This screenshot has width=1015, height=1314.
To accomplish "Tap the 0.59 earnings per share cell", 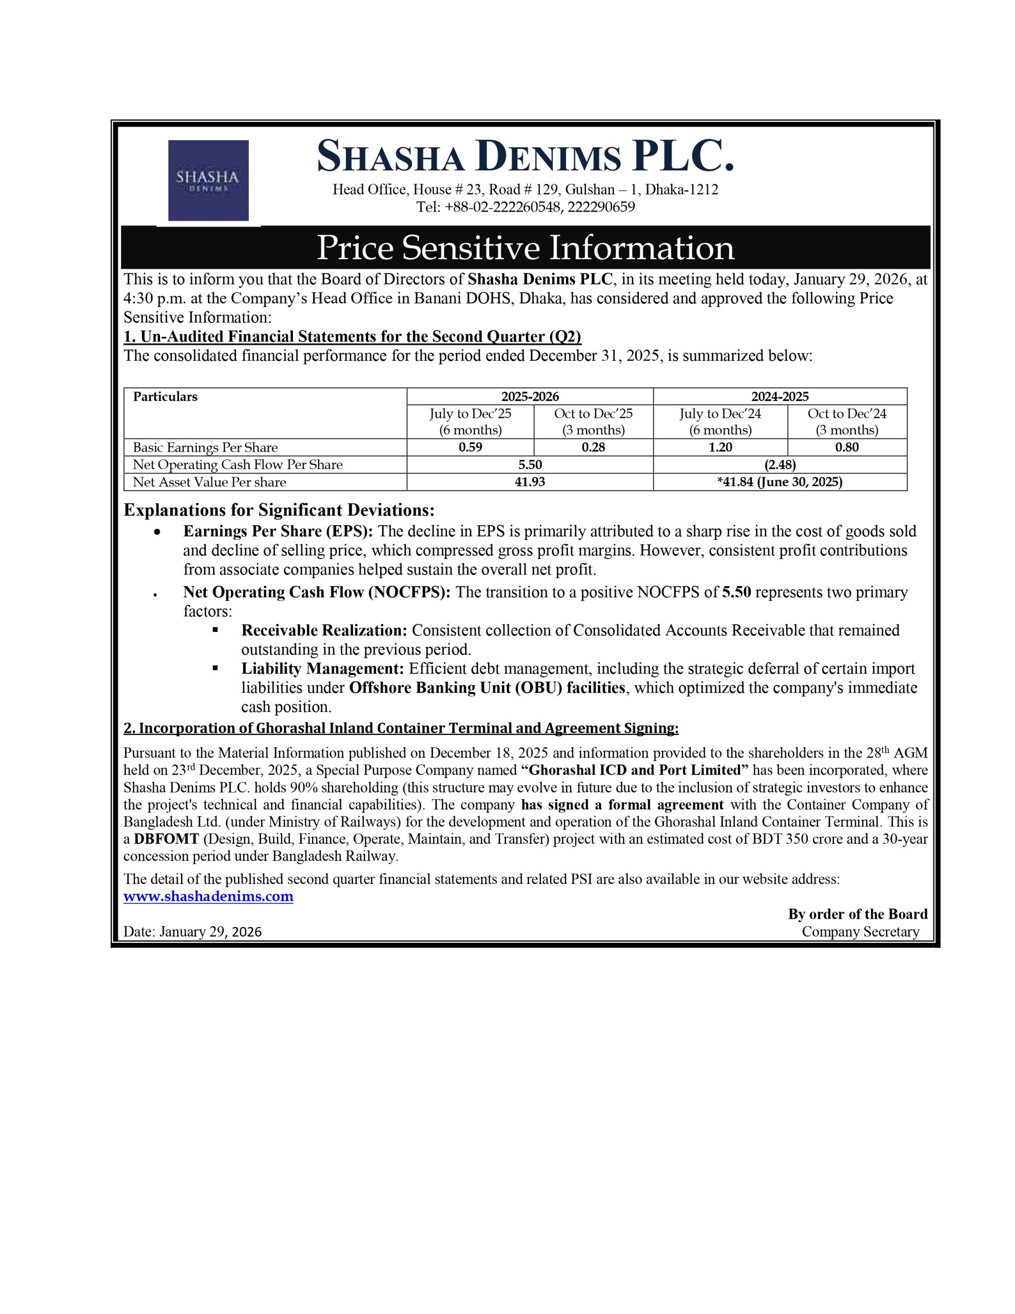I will point(470,447).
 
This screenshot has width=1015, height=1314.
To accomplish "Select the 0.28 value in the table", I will point(593,447).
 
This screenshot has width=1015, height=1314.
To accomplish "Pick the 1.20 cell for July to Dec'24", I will point(719,447).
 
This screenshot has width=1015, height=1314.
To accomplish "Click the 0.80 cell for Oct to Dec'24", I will point(847,447).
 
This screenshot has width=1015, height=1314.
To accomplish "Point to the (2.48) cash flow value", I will point(780,465).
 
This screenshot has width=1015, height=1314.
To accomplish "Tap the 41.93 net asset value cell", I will point(530,482).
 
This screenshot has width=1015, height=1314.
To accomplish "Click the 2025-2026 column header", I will point(530,396).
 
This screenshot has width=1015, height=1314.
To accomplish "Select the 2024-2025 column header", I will point(780,396).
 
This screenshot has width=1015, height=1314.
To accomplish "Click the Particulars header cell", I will point(165,396).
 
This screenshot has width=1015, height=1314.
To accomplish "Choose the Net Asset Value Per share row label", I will point(209,482).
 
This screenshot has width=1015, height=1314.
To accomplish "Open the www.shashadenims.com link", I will point(208,897).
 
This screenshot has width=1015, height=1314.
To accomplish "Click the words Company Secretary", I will point(861,932).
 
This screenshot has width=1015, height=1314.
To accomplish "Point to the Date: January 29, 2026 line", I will point(192,932).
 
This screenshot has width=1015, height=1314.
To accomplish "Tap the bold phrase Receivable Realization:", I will point(324,630).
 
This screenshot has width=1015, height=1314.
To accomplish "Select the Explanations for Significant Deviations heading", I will point(279,510).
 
